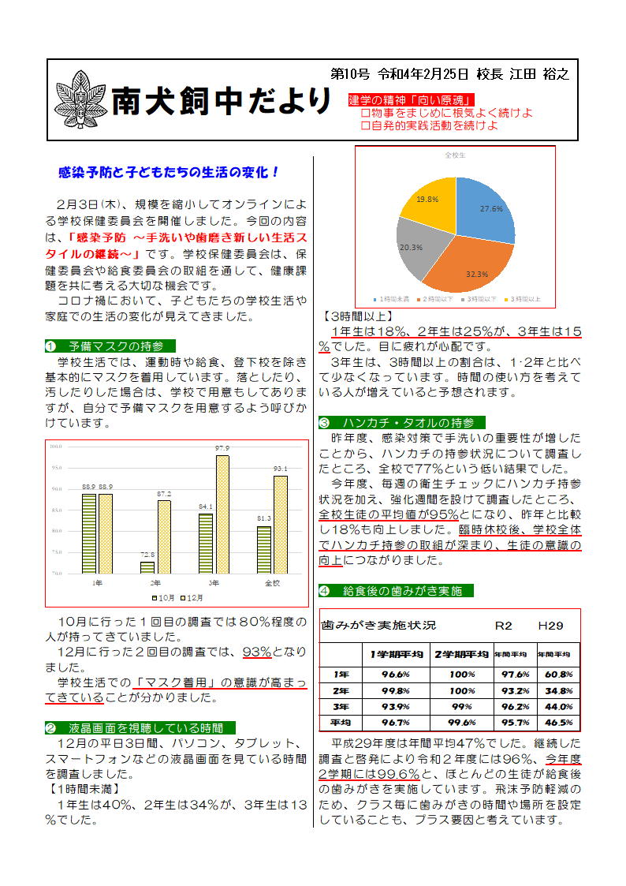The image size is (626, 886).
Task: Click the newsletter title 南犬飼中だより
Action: coord(222,100)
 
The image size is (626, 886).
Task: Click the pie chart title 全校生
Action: coord(455,155)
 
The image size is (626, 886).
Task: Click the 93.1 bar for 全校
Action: coord(281,524)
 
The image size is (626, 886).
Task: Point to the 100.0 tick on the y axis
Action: coord(56,447)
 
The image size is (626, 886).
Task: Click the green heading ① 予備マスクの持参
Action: coord(110,346)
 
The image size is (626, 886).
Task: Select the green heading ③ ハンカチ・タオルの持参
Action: coord(402,422)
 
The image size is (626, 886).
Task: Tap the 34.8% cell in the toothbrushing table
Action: coord(557,690)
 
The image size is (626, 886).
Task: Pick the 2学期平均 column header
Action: coord(462,654)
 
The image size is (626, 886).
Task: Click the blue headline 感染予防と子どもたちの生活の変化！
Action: coord(170,171)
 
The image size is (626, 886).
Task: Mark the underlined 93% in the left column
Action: coord(257,652)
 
